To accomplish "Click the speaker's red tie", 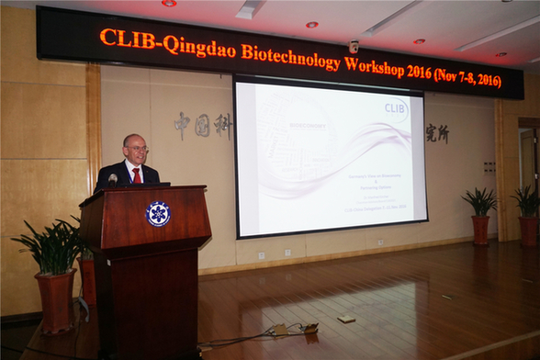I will pyautogui.click(x=137, y=174).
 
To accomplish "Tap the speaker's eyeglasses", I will pyautogui.click(x=137, y=150).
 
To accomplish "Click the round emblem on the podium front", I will pyautogui.click(x=158, y=214).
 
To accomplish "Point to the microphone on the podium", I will pyautogui.click(x=113, y=178).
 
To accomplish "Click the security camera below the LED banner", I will pyautogui.click(x=354, y=46).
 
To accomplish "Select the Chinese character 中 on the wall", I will pyautogui.click(x=182, y=123).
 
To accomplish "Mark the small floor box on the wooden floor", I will pyautogui.click(x=345, y=319).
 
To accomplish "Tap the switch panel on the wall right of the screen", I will pyautogui.click(x=489, y=167).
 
